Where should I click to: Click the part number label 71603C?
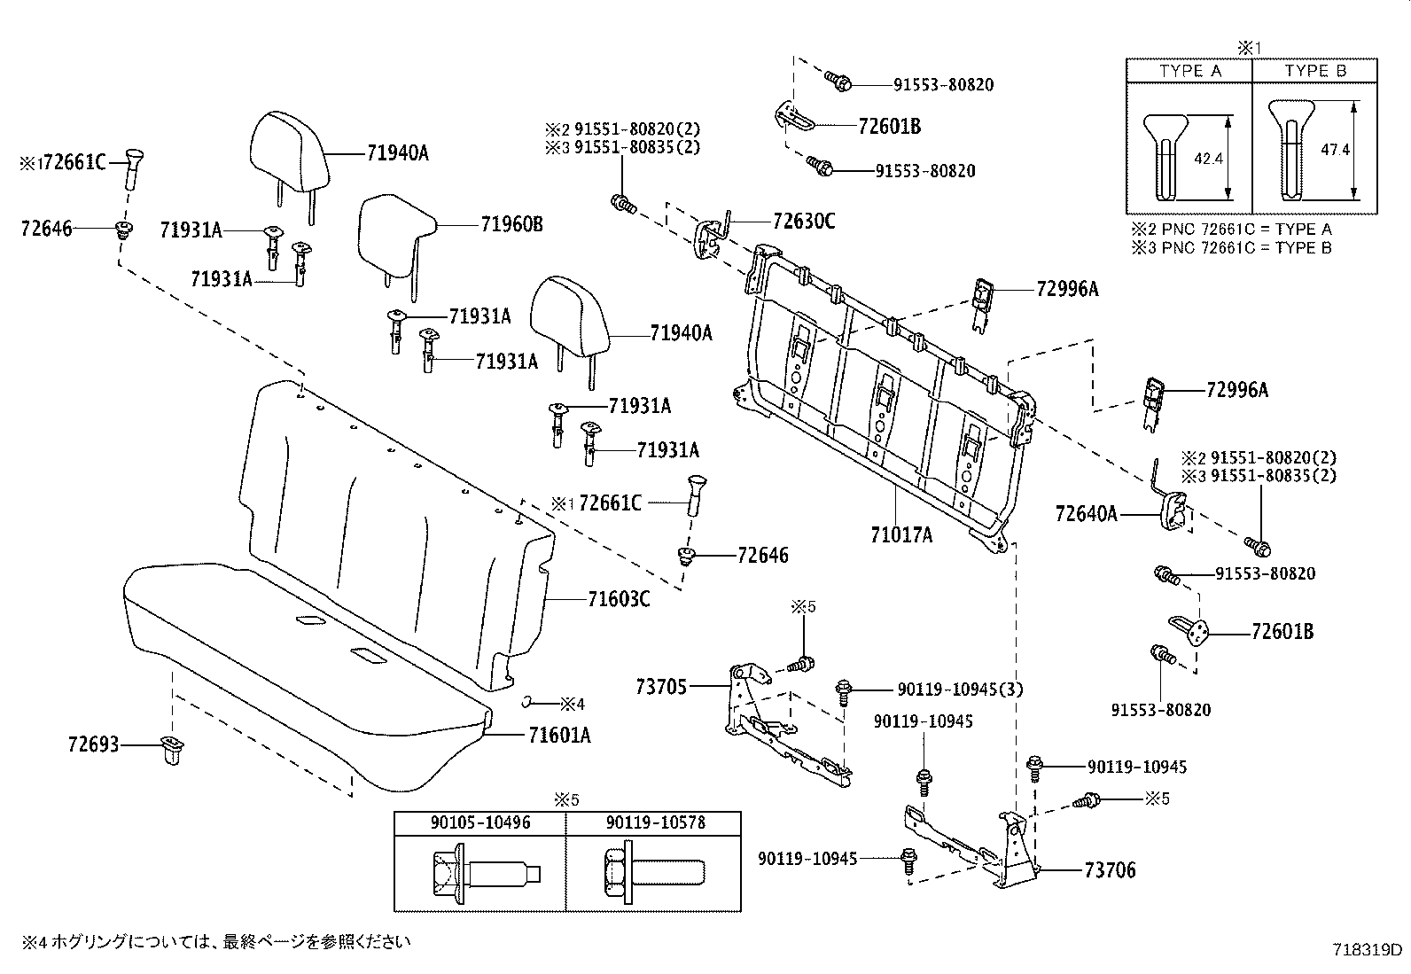[618, 600]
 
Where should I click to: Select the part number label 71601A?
[559, 735]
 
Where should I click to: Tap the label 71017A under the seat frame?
[901, 534]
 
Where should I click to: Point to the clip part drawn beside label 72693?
[169, 749]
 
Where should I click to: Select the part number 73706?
[1109, 870]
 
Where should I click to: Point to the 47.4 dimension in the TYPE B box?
[1335, 151]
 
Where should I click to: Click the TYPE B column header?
[1314, 71]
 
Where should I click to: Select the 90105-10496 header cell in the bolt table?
[480, 822]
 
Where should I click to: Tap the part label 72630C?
[803, 221]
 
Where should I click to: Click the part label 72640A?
[1087, 512]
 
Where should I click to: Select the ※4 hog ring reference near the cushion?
[573, 704]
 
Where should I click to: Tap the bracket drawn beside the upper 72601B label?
[795, 117]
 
